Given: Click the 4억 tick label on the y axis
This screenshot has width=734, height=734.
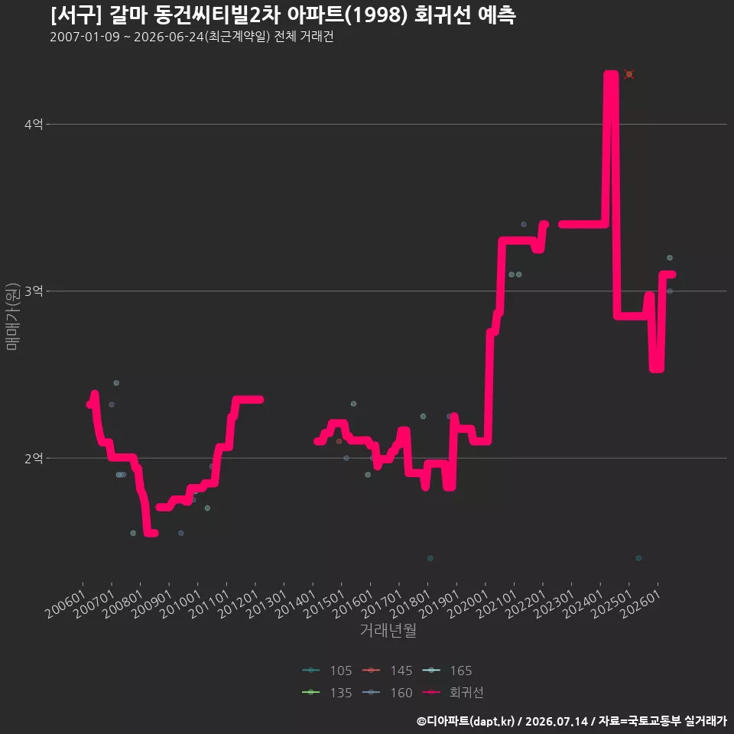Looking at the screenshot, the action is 34,125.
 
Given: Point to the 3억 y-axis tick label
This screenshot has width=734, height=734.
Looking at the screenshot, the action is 34,291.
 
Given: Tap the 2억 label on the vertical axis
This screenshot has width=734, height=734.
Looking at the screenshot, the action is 34,458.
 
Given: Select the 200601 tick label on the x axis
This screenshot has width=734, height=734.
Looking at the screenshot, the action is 66,604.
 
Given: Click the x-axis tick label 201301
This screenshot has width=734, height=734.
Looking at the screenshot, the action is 267,604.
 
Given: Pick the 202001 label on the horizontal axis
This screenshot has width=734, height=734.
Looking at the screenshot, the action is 468,604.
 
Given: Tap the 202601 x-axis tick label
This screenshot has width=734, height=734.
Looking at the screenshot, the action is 641,604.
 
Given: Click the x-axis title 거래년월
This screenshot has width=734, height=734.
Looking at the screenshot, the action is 388,630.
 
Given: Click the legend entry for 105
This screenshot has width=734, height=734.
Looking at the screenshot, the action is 326,671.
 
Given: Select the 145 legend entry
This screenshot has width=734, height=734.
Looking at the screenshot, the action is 387,671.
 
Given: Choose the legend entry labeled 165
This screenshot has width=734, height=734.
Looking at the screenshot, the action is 447,671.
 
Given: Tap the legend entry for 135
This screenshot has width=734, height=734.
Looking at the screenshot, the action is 326,693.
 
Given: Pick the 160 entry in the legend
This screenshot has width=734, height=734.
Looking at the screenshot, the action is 387,693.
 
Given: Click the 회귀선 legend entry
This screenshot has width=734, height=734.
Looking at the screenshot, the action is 453,693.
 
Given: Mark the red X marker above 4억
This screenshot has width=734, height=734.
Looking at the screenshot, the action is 629,74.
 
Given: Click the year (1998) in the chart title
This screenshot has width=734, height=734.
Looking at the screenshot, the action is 379,15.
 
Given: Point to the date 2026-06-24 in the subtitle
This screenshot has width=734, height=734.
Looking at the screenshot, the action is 169,37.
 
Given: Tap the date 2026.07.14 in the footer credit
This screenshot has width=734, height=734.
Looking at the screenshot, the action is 556,721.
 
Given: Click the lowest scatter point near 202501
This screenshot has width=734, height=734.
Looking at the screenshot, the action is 638,558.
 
